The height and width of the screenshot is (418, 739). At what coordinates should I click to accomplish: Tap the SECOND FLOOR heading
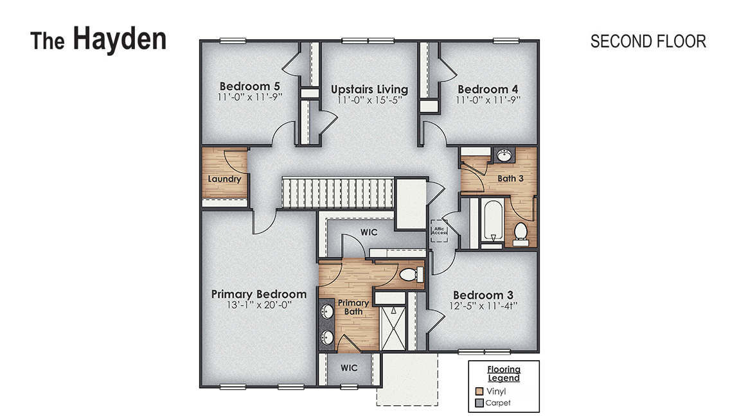[648, 41]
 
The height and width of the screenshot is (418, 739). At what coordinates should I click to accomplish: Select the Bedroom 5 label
[249, 87]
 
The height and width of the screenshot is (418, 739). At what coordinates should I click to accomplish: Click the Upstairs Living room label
[369, 89]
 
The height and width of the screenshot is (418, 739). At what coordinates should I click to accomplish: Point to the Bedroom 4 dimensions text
[487, 100]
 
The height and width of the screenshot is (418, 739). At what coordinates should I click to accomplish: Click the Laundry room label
[224, 179]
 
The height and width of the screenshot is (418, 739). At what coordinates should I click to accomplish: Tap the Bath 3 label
[510, 178]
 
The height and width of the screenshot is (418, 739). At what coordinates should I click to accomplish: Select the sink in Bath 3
[503, 156]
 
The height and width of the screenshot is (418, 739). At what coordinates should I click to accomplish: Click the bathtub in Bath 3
[493, 222]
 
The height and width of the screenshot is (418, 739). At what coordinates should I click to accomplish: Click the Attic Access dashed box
[439, 231]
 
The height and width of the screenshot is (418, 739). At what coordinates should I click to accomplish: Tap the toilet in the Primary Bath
[409, 275]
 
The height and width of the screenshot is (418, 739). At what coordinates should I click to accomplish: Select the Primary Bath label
[353, 307]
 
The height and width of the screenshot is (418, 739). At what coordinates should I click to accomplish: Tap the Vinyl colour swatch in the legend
[479, 390]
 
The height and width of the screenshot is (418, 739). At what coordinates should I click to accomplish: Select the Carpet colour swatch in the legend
[479, 403]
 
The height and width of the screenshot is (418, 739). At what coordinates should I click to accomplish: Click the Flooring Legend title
[503, 374]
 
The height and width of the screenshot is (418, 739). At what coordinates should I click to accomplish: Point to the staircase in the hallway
[337, 193]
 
